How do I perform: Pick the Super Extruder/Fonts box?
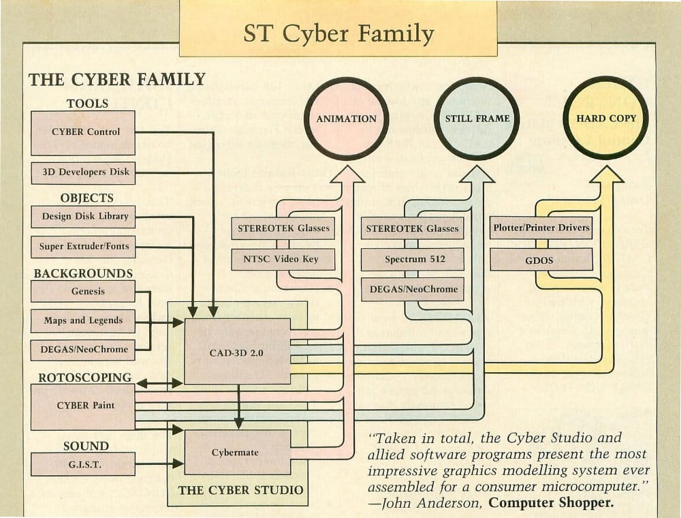click(83, 246)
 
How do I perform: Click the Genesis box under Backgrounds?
click(83, 291)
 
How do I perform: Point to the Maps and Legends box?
click(83, 320)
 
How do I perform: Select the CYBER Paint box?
click(83, 406)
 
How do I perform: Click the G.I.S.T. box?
click(83, 463)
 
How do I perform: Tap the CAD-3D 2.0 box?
click(237, 352)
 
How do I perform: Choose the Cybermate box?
click(237, 452)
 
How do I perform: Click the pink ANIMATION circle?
click(346, 119)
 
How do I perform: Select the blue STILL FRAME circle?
click(477, 119)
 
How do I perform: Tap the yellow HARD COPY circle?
click(605, 118)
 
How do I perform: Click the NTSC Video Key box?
click(284, 259)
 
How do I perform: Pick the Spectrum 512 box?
click(413, 259)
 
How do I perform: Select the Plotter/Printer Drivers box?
click(541, 228)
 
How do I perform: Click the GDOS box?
click(541, 260)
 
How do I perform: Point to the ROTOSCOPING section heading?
click(82, 377)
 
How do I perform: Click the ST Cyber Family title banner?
click(338, 33)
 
